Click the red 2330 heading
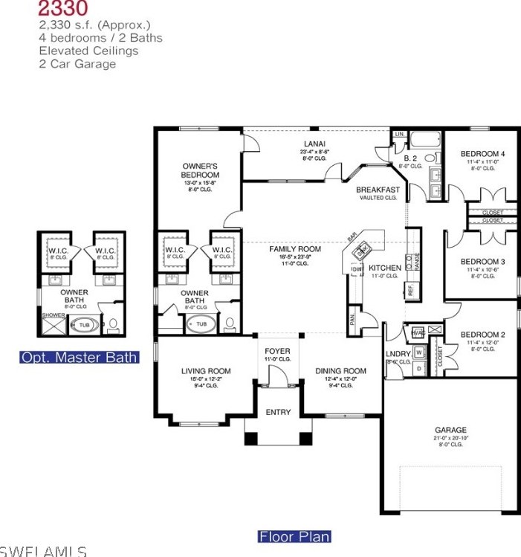63,10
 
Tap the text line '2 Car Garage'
77,64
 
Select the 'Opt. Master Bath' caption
80,358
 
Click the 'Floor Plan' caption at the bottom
294,536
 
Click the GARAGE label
450,430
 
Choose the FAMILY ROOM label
295,249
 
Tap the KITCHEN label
385,268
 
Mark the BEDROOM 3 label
482,262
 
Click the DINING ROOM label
340,371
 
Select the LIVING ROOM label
206,371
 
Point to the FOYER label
277,351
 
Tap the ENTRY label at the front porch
278,412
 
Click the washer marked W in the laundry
418,352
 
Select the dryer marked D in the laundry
418,367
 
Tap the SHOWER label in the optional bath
54,315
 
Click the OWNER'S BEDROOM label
199,170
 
